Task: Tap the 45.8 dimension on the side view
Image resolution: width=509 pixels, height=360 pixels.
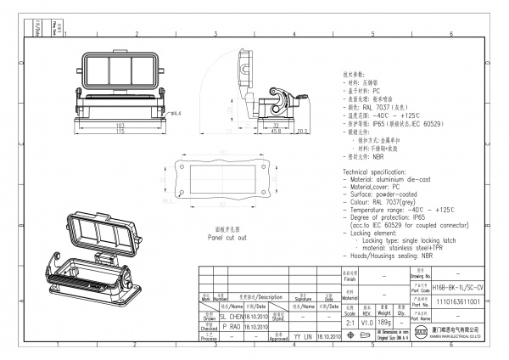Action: click(277, 132)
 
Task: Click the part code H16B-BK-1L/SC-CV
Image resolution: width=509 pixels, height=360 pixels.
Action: click(457, 290)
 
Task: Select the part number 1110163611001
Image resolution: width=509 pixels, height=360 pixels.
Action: click(457, 301)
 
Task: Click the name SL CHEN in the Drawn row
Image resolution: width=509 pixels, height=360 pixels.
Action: click(232, 315)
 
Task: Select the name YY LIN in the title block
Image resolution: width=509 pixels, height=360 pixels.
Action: click(303, 336)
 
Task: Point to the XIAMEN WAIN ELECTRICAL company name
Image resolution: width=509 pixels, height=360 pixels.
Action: click(451, 336)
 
